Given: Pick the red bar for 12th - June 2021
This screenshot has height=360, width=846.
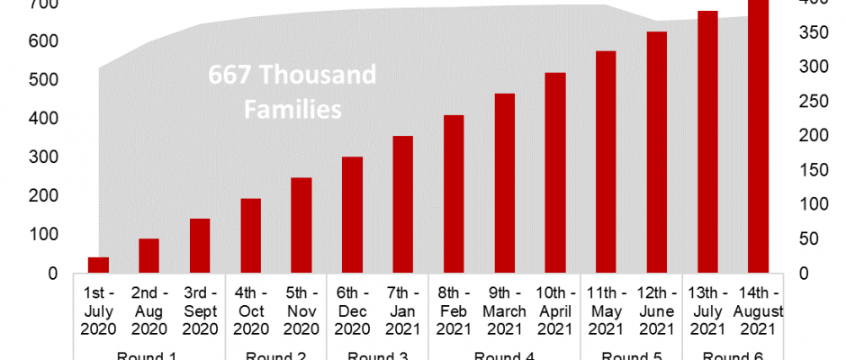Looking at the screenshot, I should coord(657,152).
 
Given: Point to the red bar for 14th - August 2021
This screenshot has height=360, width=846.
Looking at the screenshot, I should coord(759,135).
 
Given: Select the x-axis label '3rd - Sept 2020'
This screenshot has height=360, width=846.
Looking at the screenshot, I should coord(200,311).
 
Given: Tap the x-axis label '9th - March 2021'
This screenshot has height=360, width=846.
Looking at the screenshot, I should coord(504,311).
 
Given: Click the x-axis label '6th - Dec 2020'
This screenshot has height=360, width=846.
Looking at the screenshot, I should coord(353,311).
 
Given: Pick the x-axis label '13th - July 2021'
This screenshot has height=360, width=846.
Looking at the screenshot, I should coord(707,311).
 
